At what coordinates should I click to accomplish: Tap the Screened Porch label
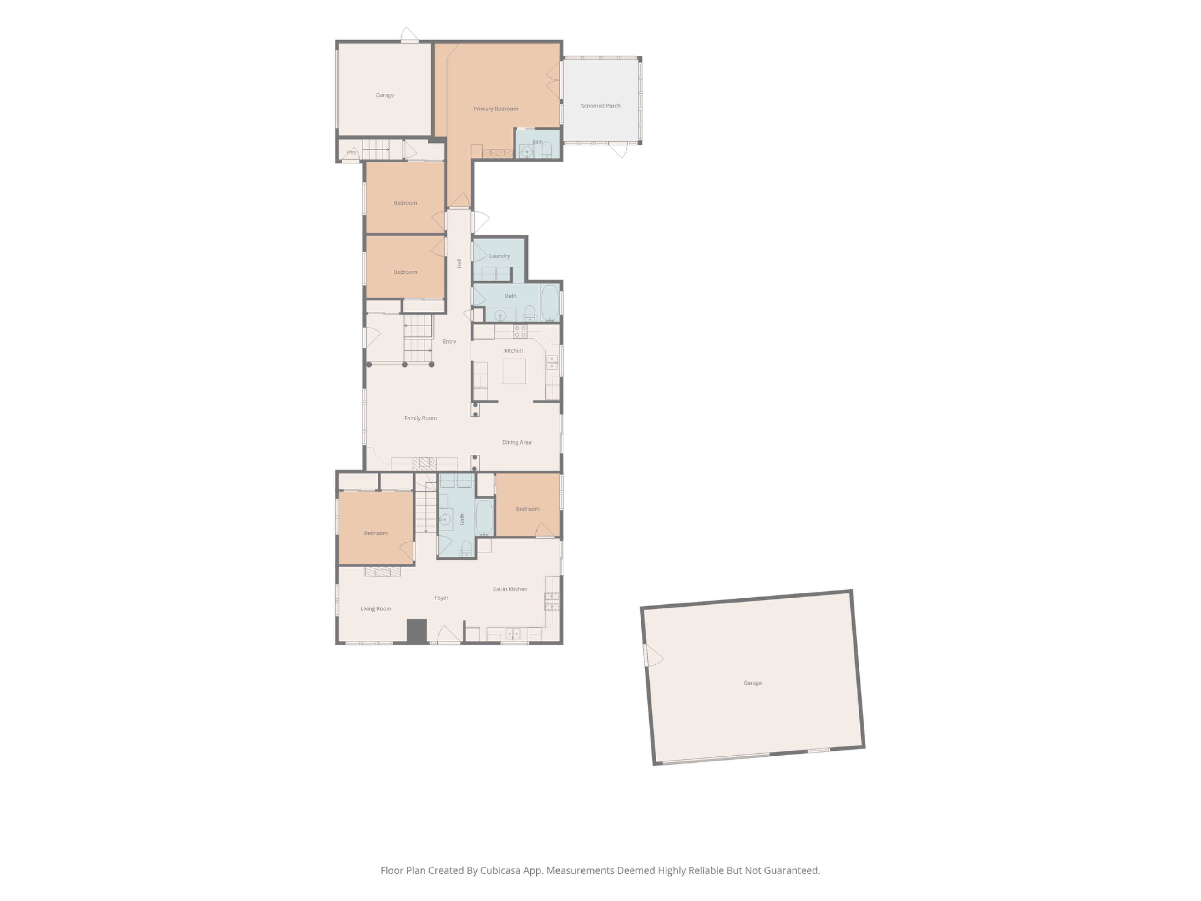(600, 106)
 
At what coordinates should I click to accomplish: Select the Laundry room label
(499, 256)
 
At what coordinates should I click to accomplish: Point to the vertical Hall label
(459, 263)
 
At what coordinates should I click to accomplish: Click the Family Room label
(420, 418)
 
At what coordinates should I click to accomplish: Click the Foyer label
(441, 598)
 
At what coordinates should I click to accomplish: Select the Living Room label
(376, 609)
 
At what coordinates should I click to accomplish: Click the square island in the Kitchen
(514, 371)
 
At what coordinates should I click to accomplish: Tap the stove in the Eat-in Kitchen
(552, 601)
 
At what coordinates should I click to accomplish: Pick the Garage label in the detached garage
(753, 683)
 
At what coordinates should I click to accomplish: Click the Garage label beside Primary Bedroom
(385, 95)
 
